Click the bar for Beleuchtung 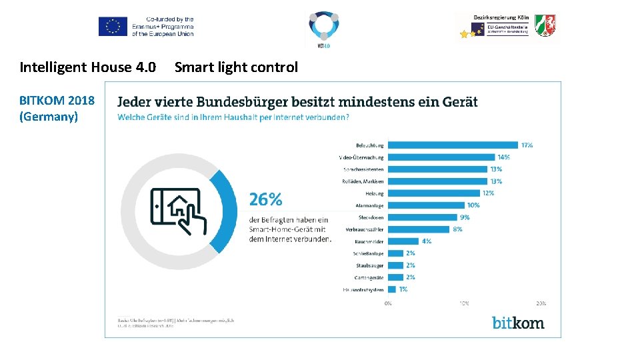tap(453, 145)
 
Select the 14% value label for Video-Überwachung tap(503, 157)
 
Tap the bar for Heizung tap(433, 193)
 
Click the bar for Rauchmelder tap(403, 241)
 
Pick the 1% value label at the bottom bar tap(403, 289)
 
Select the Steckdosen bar tap(422, 217)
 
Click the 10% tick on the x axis tap(464, 303)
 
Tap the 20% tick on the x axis tap(541, 303)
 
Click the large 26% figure tap(265, 199)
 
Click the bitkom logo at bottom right tap(518, 323)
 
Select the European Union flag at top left tap(113, 27)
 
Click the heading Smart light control tap(236, 67)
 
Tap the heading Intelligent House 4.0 tap(88, 67)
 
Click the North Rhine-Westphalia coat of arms tap(545, 25)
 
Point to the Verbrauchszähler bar tap(418, 229)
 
